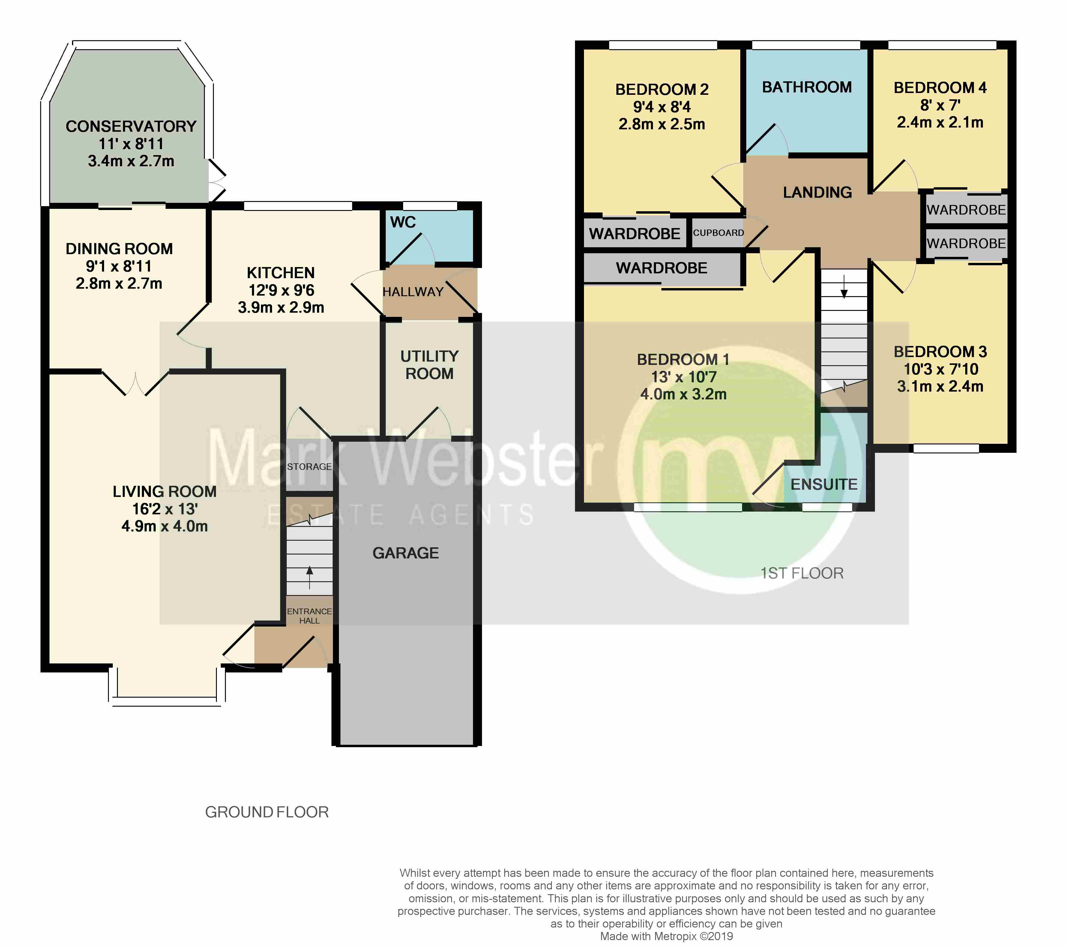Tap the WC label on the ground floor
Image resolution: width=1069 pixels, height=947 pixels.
[403, 222]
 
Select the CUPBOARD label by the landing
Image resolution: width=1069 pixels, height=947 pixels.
[718, 233]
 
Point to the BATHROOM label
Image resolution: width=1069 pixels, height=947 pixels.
[807, 87]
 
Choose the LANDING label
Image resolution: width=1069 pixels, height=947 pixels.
[817, 193]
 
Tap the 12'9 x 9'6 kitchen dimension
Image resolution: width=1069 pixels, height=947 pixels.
[281, 290]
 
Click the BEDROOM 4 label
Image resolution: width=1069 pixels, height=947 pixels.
[940, 88]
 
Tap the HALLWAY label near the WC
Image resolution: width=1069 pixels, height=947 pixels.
[413, 292]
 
